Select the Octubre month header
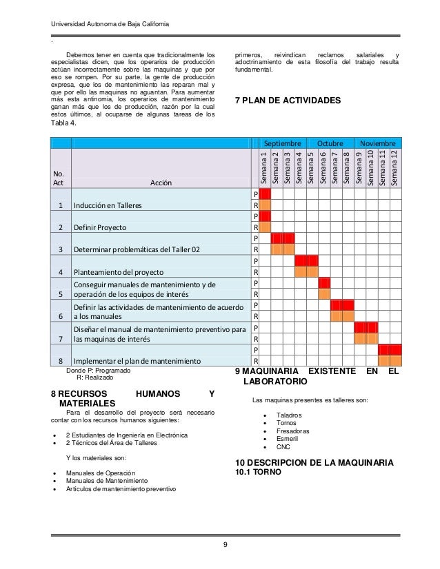[x=330, y=143]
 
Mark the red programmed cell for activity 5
[x=323, y=282]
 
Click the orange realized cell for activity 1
[x=265, y=205]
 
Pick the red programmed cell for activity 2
[x=265, y=216]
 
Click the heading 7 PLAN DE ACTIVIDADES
[x=288, y=101]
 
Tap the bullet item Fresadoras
[x=293, y=431]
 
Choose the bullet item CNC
[x=283, y=447]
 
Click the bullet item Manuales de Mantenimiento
[x=107, y=480]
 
